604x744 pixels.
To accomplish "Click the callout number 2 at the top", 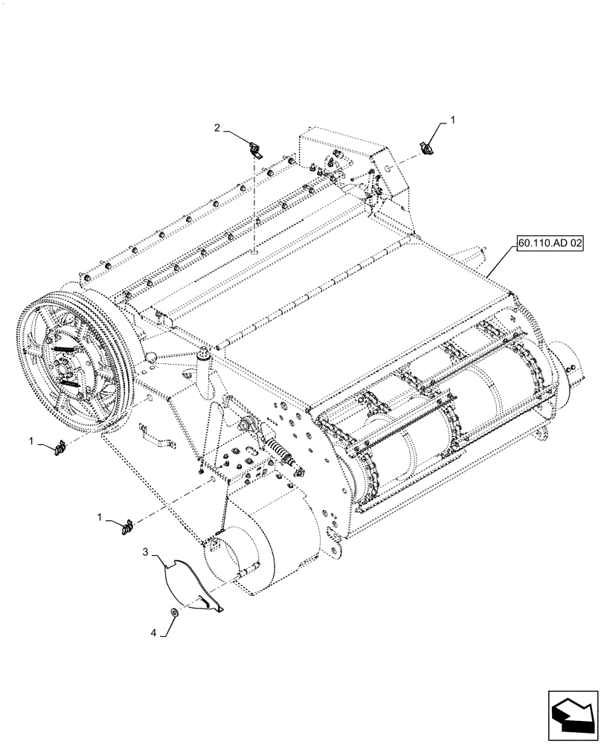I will pyautogui.click(x=217, y=128).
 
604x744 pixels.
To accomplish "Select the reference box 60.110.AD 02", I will pyautogui.click(x=549, y=243).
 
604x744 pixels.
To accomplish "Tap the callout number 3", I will pyautogui.click(x=147, y=553).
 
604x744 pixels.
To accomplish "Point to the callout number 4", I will pyautogui.click(x=154, y=633).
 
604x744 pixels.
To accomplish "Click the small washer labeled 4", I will pyautogui.click(x=173, y=612).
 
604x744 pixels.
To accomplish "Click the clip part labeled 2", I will pyautogui.click(x=255, y=151).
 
